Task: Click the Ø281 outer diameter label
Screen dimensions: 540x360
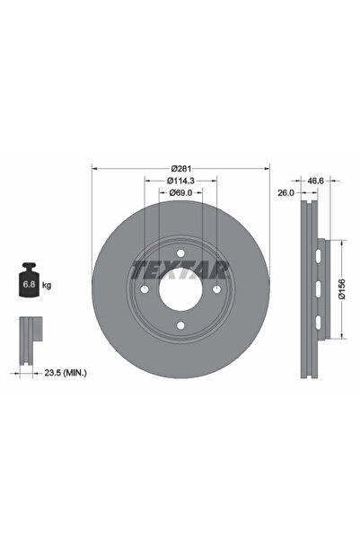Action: (x=181, y=167)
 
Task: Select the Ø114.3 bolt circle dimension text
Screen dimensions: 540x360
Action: (x=181, y=180)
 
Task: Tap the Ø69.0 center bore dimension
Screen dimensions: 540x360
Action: (x=181, y=192)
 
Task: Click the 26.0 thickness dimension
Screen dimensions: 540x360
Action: (x=286, y=192)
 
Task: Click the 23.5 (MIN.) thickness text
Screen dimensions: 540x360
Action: (x=66, y=370)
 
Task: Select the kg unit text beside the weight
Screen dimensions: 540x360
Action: (x=46, y=285)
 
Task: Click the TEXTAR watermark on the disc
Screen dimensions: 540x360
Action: (x=181, y=269)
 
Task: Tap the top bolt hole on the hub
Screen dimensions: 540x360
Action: (x=180, y=253)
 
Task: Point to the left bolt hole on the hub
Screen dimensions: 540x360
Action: (x=145, y=290)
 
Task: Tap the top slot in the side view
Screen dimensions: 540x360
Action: (x=320, y=257)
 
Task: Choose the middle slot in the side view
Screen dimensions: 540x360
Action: (x=320, y=289)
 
